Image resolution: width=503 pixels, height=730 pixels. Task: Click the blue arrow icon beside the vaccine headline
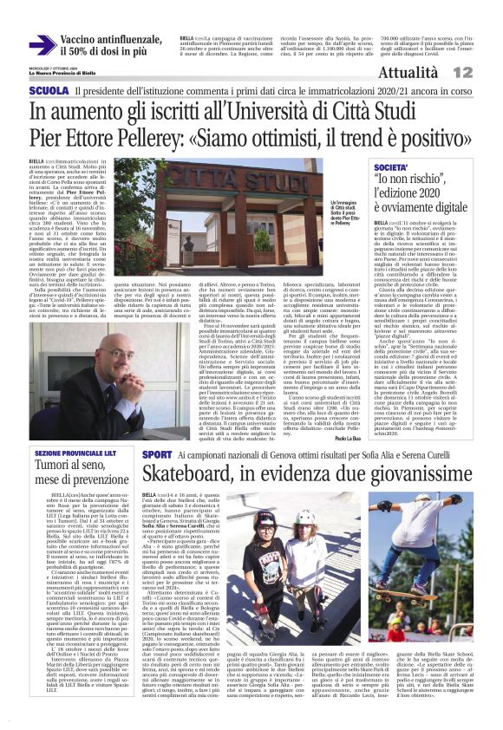click(42, 45)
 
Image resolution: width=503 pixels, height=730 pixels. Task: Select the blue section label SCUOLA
click(49, 90)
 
